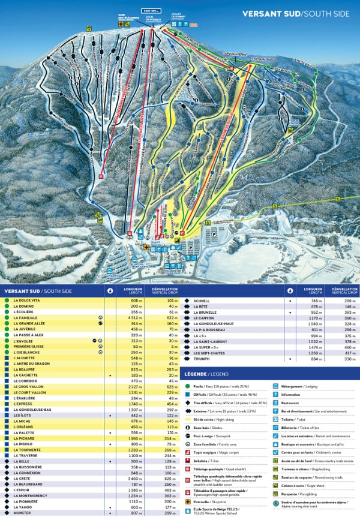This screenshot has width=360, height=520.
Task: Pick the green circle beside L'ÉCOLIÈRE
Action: coord(6,311)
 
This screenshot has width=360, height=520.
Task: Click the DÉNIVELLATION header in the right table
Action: coord(344,290)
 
